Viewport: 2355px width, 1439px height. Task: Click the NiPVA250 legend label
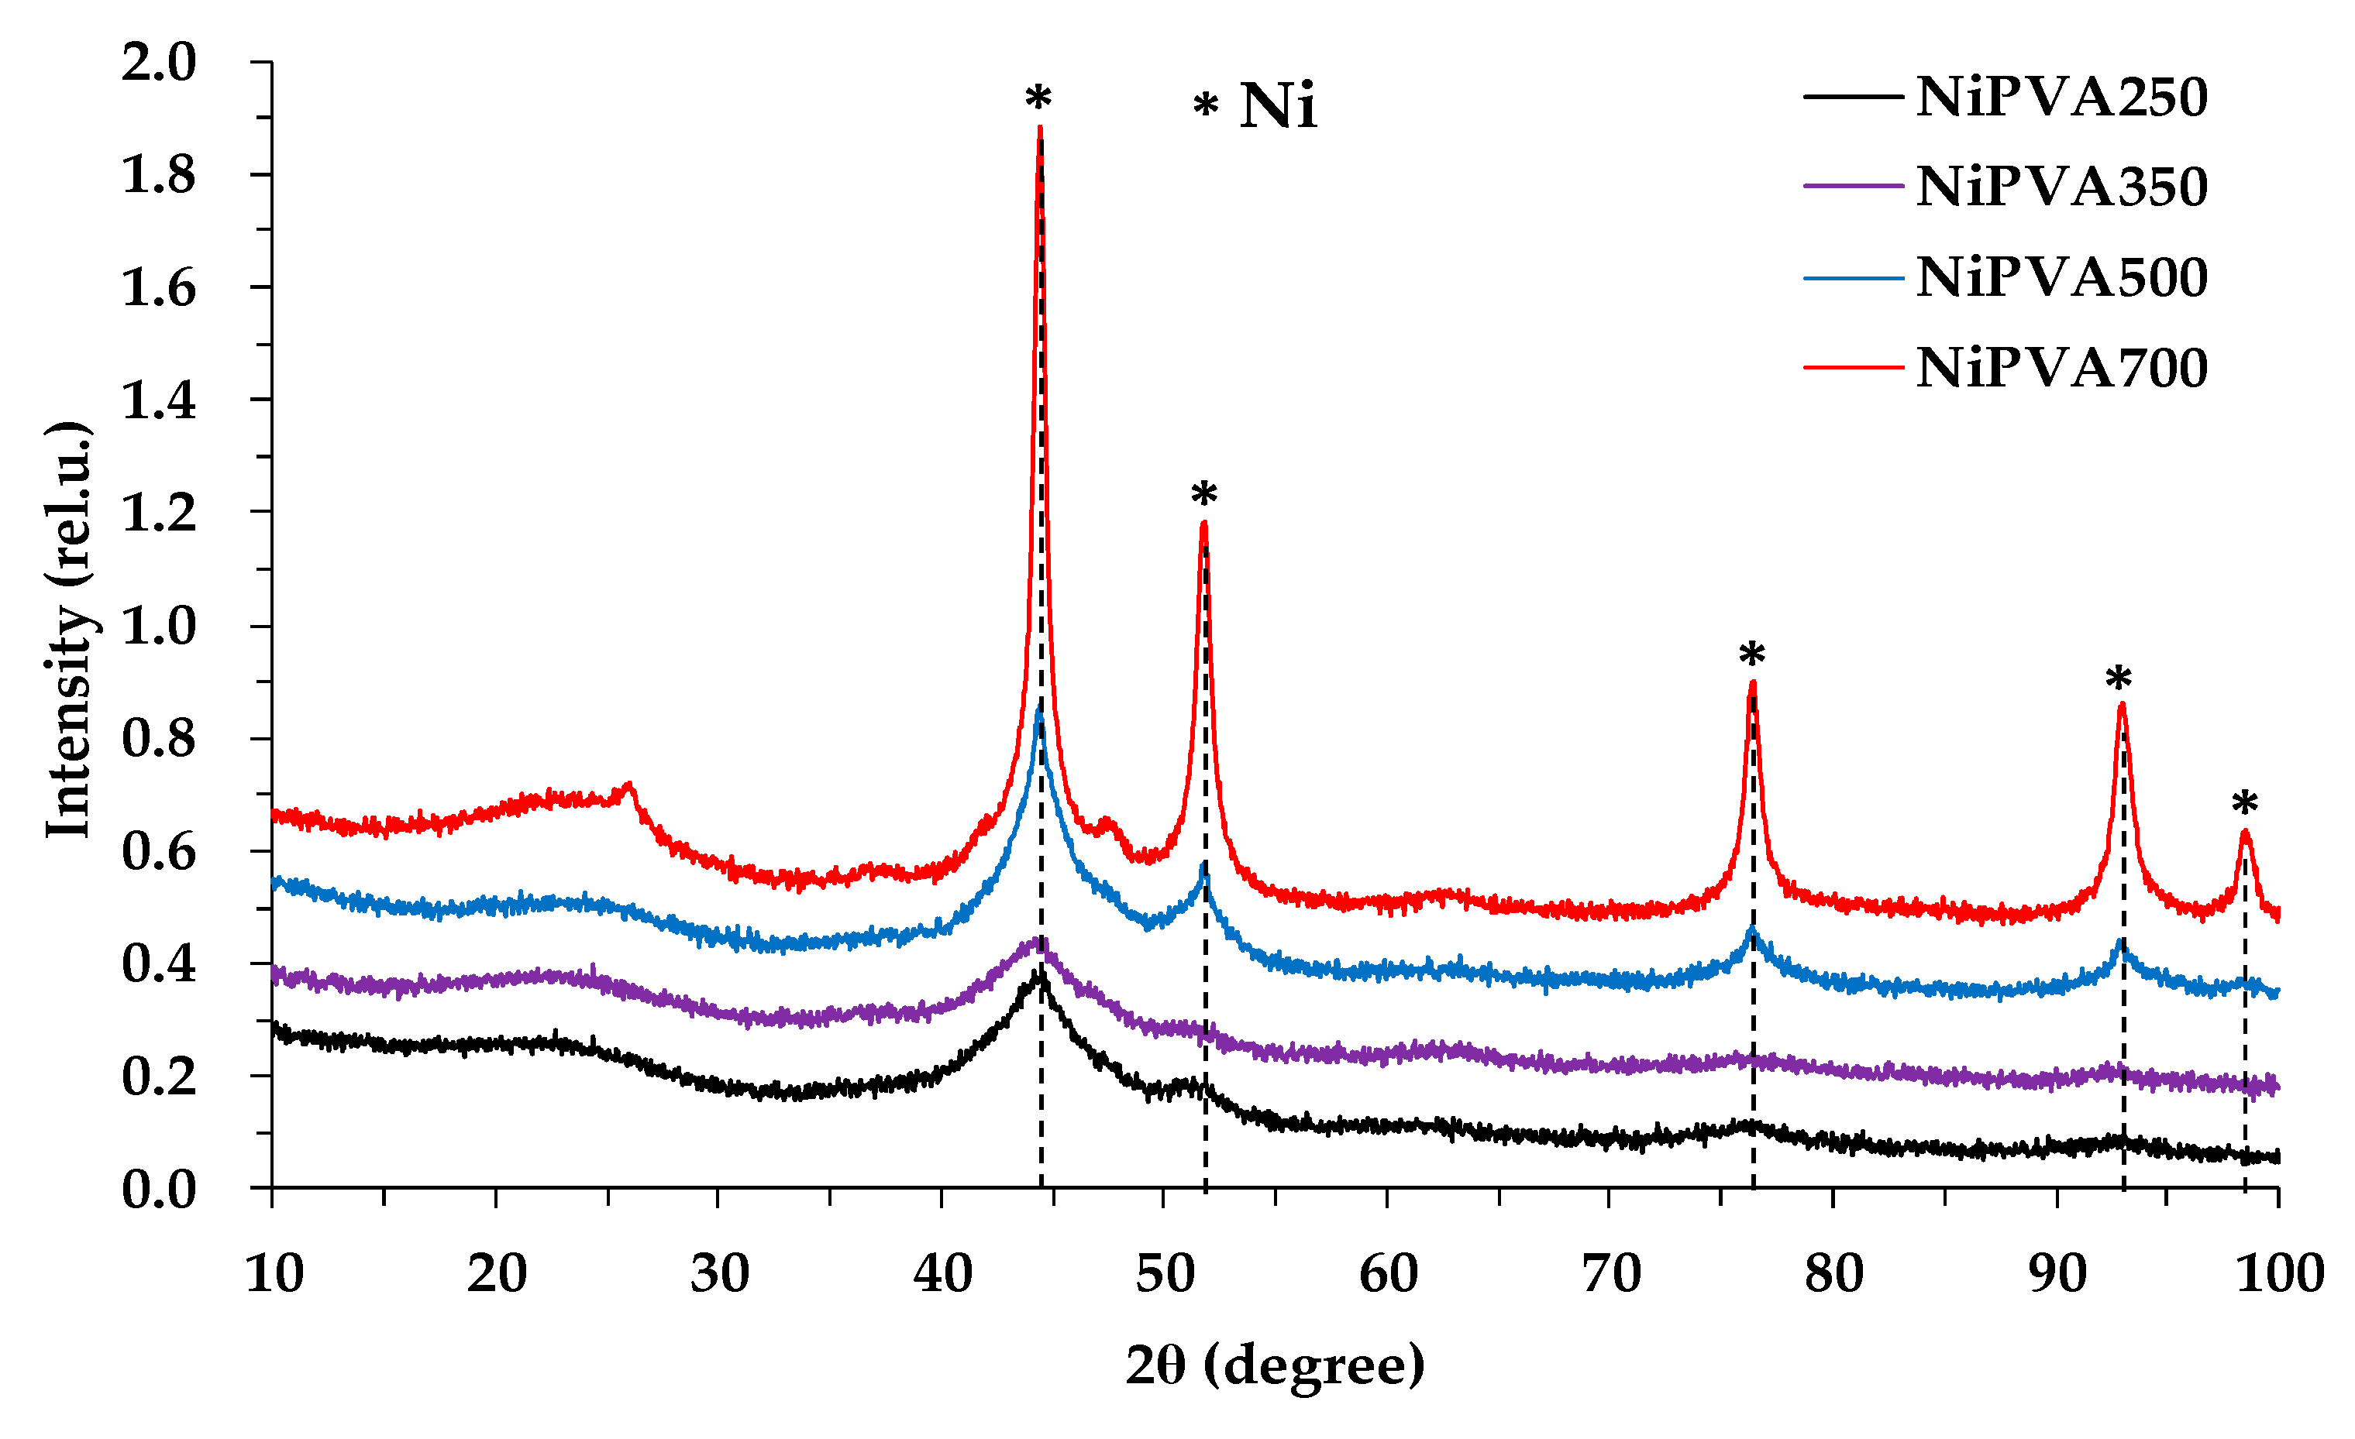pyautogui.click(x=2061, y=98)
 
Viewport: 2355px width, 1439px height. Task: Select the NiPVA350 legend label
pyautogui.click(x=2061, y=187)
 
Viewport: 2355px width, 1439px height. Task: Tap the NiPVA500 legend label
pyautogui.click(x=2061, y=278)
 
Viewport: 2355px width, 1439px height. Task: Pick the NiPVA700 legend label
pyautogui.click(x=2061, y=368)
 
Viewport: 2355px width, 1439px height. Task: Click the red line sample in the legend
pyautogui.click(x=1852, y=367)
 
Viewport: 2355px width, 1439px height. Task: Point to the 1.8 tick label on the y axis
pyautogui.click(x=158, y=175)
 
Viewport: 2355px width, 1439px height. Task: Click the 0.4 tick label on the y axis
pyautogui.click(x=158, y=963)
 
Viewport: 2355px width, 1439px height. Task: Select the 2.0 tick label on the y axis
pyautogui.click(x=158, y=62)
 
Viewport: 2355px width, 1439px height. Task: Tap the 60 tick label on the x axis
pyautogui.click(x=1388, y=1274)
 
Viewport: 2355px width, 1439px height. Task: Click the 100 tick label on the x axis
pyautogui.click(x=2278, y=1274)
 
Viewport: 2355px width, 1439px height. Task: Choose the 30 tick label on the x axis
pyautogui.click(x=718, y=1274)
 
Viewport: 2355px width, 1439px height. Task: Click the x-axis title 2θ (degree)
pyautogui.click(x=1274, y=1365)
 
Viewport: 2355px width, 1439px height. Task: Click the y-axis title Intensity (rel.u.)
pyautogui.click(x=70, y=629)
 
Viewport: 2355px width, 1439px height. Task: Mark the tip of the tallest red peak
pyautogui.click(x=1040, y=127)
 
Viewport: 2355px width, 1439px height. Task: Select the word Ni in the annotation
pyautogui.click(x=1278, y=105)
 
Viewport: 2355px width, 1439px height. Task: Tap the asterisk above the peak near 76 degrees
pyautogui.click(x=1752, y=655)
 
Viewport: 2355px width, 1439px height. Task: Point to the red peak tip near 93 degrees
pyautogui.click(x=2122, y=704)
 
